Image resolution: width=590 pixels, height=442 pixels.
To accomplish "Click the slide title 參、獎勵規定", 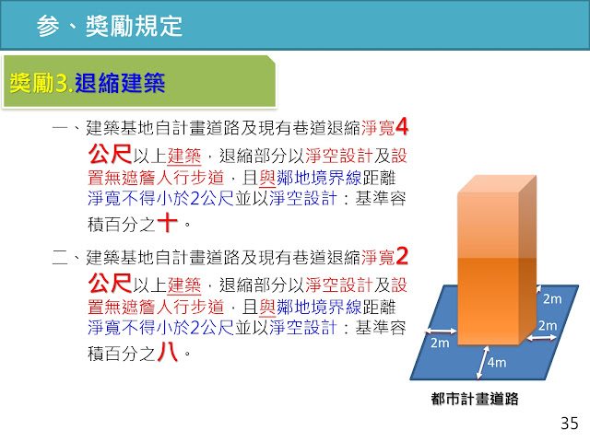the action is [x=110, y=26].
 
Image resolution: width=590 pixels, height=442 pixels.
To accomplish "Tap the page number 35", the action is [x=569, y=424].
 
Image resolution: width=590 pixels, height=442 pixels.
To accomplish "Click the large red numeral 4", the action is [x=402, y=126].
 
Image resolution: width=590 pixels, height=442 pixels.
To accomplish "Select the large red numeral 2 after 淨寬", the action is [x=402, y=256].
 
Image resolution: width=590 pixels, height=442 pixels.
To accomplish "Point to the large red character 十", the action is [x=167, y=222].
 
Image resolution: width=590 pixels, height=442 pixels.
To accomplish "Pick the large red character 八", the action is [x=167, y=352].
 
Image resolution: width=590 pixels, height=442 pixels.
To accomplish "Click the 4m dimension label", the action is [x=497, y=362].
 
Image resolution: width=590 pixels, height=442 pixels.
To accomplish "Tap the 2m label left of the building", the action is [x=440, y=343].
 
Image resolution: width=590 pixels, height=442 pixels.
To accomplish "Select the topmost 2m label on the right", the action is [x=552, y=298].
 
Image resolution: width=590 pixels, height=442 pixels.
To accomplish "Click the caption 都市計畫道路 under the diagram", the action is [x=475, y=399].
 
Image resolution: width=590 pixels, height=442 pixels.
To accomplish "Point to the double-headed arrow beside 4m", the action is [x=482, y=362].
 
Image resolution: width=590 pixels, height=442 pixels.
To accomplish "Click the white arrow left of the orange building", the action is [x=441, y=331].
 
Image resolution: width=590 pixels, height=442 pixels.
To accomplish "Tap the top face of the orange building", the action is [x=497, y=184].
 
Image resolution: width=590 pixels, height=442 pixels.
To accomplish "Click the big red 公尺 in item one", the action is [x=110, y=154].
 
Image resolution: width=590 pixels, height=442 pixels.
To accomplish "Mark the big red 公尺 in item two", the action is [x=110, y=284].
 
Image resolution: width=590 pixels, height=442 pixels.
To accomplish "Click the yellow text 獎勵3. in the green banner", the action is [x=41, y=83].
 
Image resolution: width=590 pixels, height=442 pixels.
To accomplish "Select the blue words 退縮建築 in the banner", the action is [x=120, y=83].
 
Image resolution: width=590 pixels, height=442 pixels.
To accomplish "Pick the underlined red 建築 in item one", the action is [x=184, y=156].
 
